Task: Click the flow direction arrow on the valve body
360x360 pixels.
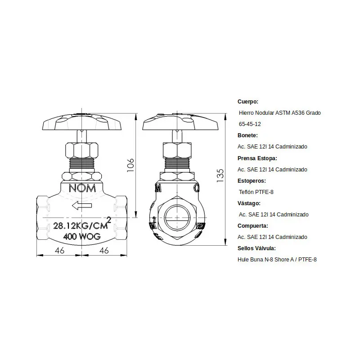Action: point(82,205)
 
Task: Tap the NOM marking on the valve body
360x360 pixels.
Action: point(82,188)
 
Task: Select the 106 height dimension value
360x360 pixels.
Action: point(130,165)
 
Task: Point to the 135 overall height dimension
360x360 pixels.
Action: point(220,175)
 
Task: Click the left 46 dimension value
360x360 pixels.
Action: point(59,251)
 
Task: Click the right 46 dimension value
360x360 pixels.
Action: point(104,251)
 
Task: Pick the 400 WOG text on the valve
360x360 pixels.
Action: point(82,236)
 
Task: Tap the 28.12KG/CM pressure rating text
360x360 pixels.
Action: point(81,226)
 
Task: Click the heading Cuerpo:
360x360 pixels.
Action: point(248,102)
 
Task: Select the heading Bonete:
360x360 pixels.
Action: point(248,135)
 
